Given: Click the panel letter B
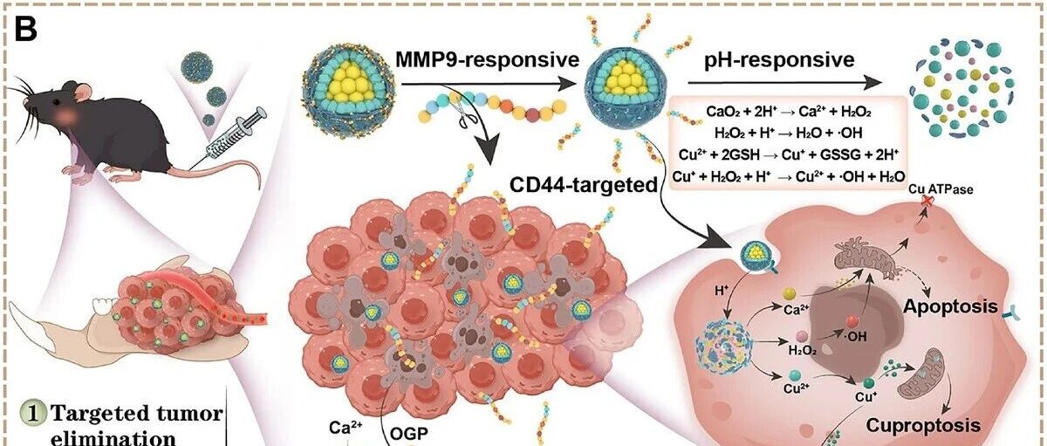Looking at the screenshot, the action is coord(25,29).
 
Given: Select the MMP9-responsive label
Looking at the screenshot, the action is coord(488,59).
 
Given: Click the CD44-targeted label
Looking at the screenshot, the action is coord(584,185).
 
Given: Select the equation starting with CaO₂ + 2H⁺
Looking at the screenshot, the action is coord(789,112).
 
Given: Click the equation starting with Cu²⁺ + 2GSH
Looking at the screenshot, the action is coord(789,154).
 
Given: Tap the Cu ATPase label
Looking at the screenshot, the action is coord(941,189).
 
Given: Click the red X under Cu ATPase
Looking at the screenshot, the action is coord(926,201).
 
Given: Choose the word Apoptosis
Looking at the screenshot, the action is coord(950,306).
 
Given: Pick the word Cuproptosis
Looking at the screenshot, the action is coord(923,425).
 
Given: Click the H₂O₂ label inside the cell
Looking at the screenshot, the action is coord(802,350).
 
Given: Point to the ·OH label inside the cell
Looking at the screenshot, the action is coord(855,336).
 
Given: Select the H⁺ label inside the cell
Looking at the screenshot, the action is coord(722,291).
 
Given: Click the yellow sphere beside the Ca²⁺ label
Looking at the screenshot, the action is coord(790,293).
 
